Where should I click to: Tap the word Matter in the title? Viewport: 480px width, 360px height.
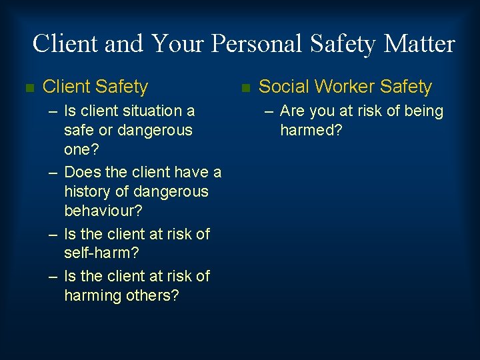point(420,44)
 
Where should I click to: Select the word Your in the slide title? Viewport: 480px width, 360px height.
point(178,44)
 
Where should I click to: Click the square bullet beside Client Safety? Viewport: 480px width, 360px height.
point(28,87)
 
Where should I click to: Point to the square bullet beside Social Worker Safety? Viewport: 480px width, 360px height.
point(245,87)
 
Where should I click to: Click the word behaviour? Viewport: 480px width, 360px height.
point(103,211)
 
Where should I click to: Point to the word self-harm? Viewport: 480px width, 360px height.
point(102,253)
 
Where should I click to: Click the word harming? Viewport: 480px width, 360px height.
point(93,295)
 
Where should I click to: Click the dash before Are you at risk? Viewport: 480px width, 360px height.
point(269,111)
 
